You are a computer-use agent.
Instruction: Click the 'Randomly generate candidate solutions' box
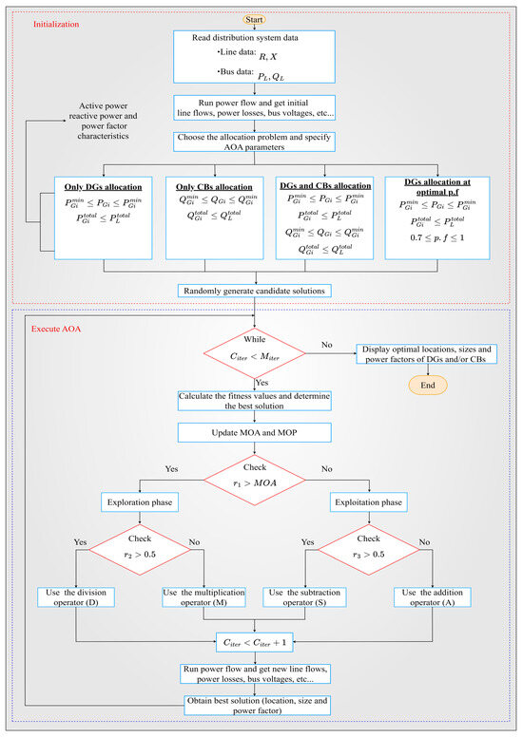pos(253,289)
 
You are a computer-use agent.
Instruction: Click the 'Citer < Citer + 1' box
pos(253,641)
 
